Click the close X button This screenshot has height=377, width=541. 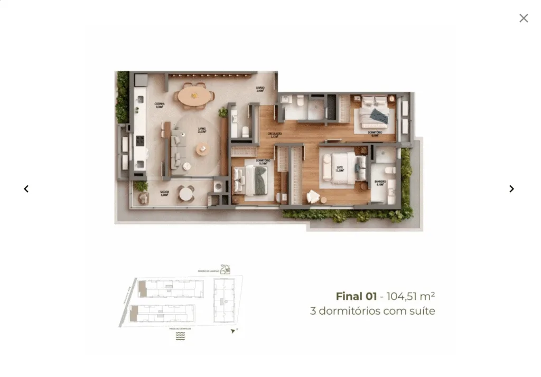coord(524,18)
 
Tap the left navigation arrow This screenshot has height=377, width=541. coord(26,188)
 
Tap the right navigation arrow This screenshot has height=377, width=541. coord(511,188)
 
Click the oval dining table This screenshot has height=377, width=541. coord(194,96)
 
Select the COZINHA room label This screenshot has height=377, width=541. coord(160,105)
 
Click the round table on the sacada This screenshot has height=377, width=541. coord(186,194)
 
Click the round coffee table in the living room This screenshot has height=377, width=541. coord(203,150)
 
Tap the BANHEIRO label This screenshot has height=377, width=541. coord(380,182)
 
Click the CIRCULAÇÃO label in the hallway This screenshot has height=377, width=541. coord(275,135)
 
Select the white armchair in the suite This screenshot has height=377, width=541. coord(313,196)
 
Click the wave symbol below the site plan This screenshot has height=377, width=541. coord(180,336)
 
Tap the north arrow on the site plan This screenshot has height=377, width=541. coord(234,331)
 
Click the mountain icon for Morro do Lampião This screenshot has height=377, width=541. coord(226,269)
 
